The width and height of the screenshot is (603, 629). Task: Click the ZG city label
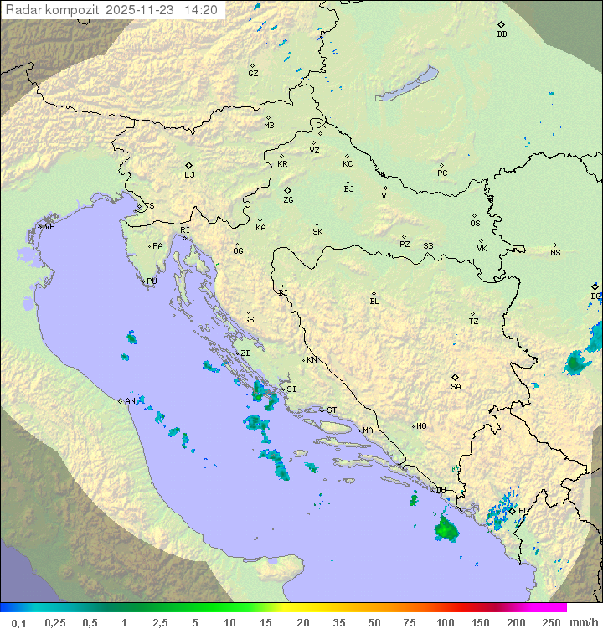288,200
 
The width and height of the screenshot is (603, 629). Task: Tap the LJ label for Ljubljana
189,175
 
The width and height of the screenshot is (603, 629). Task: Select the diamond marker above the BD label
501,25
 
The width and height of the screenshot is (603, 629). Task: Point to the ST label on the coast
332,410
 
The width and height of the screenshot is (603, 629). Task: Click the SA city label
456,387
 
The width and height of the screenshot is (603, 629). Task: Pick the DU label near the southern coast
441,491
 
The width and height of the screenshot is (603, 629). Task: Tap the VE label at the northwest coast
49,227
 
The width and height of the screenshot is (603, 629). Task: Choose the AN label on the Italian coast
130,401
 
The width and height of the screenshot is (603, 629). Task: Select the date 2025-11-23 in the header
142,10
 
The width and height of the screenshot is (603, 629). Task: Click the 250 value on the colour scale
550,622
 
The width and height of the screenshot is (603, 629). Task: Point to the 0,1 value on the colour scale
18,622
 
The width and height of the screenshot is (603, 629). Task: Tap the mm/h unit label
583,622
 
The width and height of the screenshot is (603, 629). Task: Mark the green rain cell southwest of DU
446,529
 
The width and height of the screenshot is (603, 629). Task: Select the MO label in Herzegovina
421,426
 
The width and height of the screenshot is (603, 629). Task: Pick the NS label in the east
555,253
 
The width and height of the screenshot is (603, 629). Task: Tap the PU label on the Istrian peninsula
152,281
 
